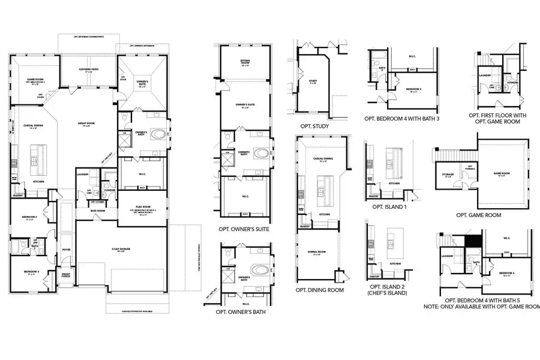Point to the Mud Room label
click(98, 211)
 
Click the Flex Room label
click(143, 206)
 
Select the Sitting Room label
click(244, 62)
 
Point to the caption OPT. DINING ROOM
click(319, 290)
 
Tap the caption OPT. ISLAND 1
click(390, 206)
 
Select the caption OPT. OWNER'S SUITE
click(244, 229)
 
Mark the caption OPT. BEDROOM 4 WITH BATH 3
click(406, 118)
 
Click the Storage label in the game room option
click(448, 175)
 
